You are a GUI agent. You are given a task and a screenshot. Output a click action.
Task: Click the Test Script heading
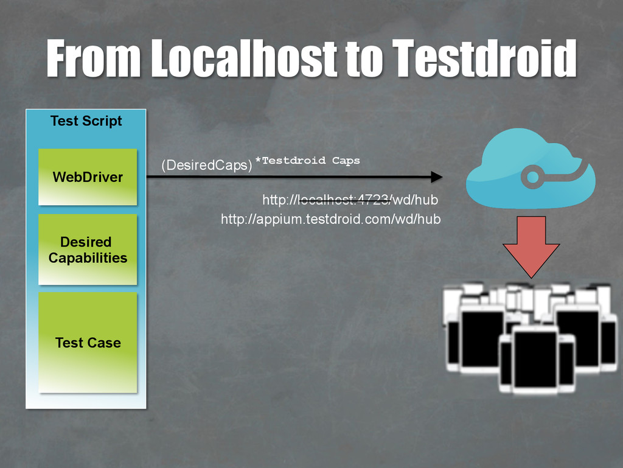pyautogui.click(x=86, y=120)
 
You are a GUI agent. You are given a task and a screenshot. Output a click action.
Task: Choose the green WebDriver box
pyautogui.click(x=88, y=177)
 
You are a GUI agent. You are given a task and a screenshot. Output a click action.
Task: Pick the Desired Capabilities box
pyautogui.click(x=88, y=250)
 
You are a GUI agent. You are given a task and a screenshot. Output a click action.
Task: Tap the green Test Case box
pyautogui.click(x=88, y=343)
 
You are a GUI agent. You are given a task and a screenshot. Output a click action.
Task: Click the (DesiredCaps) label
pyautogui.click(x=206, y=165)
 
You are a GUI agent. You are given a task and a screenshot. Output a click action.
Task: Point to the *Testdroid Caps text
pyautogui.click(x=307, y=161)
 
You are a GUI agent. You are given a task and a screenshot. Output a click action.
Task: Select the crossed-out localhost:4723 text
pyautogui.click(x=343, y=200)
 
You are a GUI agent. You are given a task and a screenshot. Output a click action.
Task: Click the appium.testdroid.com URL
pyautogui.click(x=330, y=219)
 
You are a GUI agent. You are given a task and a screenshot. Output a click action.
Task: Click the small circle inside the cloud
pyautogui.click(x=532, y=177)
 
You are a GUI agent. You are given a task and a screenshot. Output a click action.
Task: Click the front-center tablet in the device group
pyautogui.click(x=535, y=359)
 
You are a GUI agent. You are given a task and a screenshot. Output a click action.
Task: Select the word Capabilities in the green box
pyautogui.click(x=88, y=258)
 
